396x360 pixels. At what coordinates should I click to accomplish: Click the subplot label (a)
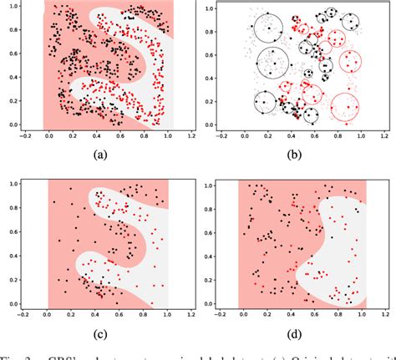coord(101,155)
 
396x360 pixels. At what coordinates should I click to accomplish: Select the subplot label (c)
coord(101,335)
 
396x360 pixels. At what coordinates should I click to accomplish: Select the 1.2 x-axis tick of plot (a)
coord(192,135)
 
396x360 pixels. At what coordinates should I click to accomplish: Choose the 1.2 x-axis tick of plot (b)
coord(386,135)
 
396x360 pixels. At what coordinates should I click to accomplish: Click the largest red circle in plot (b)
coord(344,108)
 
